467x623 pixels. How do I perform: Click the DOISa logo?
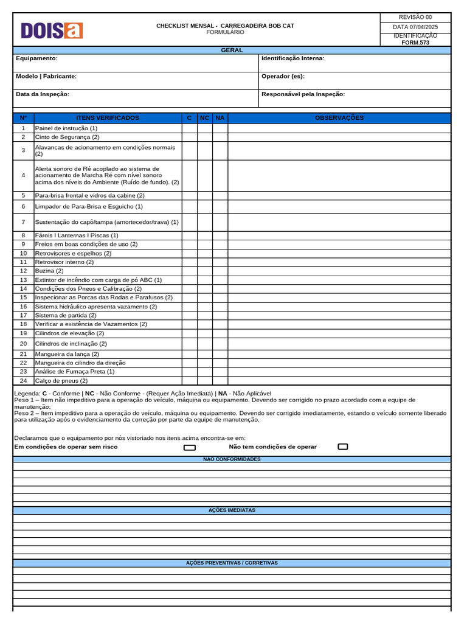point(52,30)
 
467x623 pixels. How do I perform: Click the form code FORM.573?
point(415,43)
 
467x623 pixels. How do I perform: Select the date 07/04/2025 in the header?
point(415,27)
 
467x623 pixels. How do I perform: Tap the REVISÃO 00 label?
point(415,17)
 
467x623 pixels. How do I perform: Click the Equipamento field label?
point(36,58)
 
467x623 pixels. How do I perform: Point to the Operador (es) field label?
point(283,77)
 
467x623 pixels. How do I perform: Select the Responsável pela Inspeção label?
point(303,94)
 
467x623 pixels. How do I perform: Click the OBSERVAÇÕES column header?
point(339,118)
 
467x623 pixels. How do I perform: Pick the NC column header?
point(205,118)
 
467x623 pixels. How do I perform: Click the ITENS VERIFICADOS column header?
point(108,118)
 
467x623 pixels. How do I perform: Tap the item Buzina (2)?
point(49,271)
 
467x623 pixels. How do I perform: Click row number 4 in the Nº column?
point(23,175)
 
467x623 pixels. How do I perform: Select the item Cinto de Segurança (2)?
point(67,137)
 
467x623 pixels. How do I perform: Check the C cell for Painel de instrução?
point(189,128)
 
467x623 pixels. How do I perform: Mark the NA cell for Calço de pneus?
point(220,381)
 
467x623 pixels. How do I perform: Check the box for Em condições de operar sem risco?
point(190,447)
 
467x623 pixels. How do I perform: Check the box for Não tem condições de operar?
point(343,447)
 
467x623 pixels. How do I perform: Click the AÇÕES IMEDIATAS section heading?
point(232,510)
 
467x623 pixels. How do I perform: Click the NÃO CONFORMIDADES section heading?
point(232,459)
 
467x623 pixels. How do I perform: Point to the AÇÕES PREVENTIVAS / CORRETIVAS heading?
point(232,563)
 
